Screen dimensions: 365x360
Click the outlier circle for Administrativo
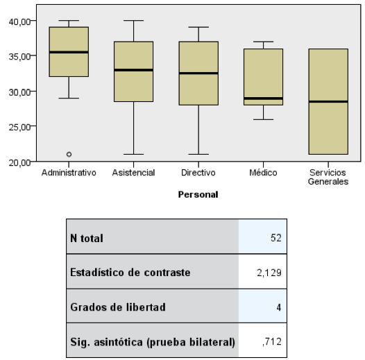point(69,154)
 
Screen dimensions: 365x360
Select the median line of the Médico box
point(263,98)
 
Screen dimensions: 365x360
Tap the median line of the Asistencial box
point(134,70)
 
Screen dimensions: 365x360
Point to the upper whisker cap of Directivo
point(198,27)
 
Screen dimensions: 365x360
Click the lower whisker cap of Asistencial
point(134,154)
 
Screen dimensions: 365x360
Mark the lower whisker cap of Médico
point(263,119)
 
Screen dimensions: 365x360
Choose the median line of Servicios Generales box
point(328,102)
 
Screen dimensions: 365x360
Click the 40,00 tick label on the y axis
point(19,22)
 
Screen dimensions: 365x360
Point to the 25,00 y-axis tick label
point(19,128)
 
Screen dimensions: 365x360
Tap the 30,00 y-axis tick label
point(19,92)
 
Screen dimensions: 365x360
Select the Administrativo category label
point(69,173)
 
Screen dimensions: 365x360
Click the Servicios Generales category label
point(328,177)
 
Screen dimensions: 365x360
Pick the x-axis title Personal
point(198,194)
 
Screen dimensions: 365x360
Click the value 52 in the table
point(276,238)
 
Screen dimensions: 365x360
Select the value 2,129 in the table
point(269,273)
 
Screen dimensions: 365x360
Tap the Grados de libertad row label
point(118,307)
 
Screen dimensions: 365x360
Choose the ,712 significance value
point(272,342)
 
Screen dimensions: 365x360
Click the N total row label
point(87,238)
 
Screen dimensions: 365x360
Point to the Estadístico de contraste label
point(130,273)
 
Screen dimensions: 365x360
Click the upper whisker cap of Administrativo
point(69,21)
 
